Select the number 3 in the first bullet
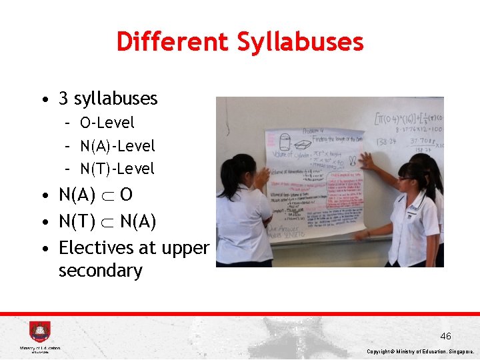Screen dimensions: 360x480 pos(64,99)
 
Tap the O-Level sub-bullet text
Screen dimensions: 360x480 pos(107,123)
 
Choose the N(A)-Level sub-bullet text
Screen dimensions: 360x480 pos(117,145)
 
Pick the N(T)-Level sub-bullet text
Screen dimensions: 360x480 pos(117,169)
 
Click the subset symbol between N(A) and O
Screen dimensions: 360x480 pos(107,195)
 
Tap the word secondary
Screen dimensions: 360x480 pos(100,271)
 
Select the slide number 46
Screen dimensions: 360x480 pos(445,336)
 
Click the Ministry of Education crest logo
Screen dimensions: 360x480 pos(39,332)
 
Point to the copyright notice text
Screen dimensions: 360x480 pos(421,351)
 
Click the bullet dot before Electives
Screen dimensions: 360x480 pos(43,248)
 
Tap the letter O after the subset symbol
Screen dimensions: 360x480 pos(126,195)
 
